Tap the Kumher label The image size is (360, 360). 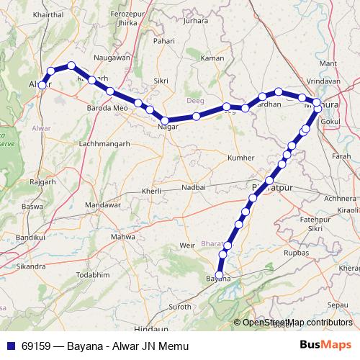[240, 157]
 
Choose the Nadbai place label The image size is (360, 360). [193, 186]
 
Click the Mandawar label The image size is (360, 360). [102, 205]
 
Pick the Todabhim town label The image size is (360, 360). [94, 274]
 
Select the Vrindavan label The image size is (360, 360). [323, 82]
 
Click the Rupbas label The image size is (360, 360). [295, 253]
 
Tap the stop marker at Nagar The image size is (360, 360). [165, 120]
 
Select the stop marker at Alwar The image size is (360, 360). [42, 85]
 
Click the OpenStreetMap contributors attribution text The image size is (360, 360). [297, 322]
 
